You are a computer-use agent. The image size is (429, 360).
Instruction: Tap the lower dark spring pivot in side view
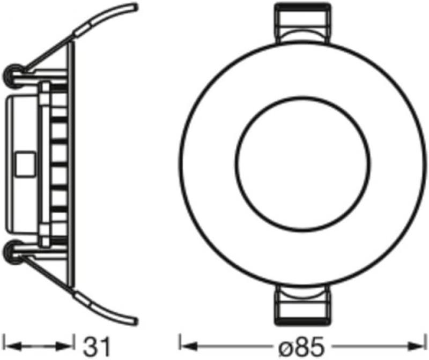[13, 250]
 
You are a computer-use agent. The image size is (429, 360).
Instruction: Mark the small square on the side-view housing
[24, 163]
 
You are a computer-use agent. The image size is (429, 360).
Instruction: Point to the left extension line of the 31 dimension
[10, 337]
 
